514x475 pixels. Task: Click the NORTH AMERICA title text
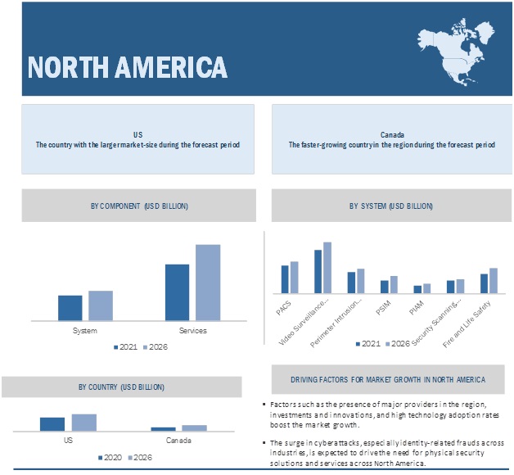pyautogui.click(x=127, y=66)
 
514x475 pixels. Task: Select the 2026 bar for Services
pyautogui.click(x=207, y=283)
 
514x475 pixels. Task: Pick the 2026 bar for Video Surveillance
pyautogui.click(x=327, y=267)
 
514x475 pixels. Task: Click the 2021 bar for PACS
pyautogui.click(x=285, y=278)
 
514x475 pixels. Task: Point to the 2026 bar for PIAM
pyautogui.click(x=426, y=287)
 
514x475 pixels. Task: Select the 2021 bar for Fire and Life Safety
pyautogui.click(x=484, y=283)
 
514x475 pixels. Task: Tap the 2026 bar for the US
pyautogui.click(x=83, y=422)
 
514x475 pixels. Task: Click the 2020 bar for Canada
pyautogui.click(x=163, y=428)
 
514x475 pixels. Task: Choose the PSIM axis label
pyautogui.click(x=382, y=309)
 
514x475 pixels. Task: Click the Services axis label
pyautogui.click(x=193, y=331)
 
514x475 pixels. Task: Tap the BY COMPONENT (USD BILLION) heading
pyautogui.click(x=139, y=206)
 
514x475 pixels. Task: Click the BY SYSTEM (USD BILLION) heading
pyautogui.click(x=390, y=206)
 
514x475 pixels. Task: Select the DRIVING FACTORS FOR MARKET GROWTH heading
pyautogui.click(x=387, y=379)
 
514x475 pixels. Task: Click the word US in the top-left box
pyautogui.click(x=138, y=133)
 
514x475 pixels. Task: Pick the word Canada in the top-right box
pyautogui.click(x=391, y=133)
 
